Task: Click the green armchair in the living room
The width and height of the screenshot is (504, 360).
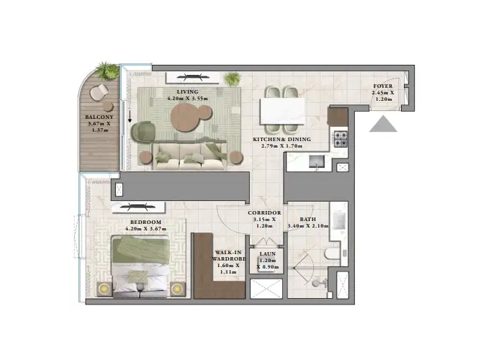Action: pos(145,130)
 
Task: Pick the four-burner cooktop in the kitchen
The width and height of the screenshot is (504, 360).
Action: pos(340,137)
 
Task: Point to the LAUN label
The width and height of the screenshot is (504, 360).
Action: pos(267,253)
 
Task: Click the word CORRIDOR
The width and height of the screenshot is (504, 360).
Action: pos(264,213)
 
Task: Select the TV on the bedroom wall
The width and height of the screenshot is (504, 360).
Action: pos(119,189)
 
